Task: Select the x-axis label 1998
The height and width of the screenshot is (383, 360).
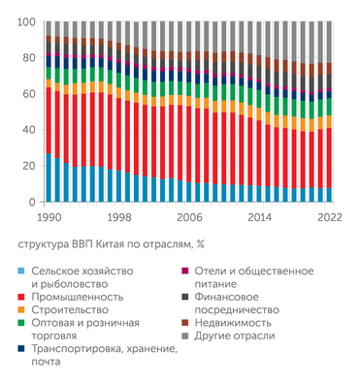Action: coord(119,218)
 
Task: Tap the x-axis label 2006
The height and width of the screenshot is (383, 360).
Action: coord(188,218)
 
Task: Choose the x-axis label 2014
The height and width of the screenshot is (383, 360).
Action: coord(259,218)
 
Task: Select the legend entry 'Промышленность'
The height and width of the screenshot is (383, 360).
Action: coord(77,296)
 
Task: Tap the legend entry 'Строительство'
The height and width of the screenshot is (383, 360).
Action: coord(74,309)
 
